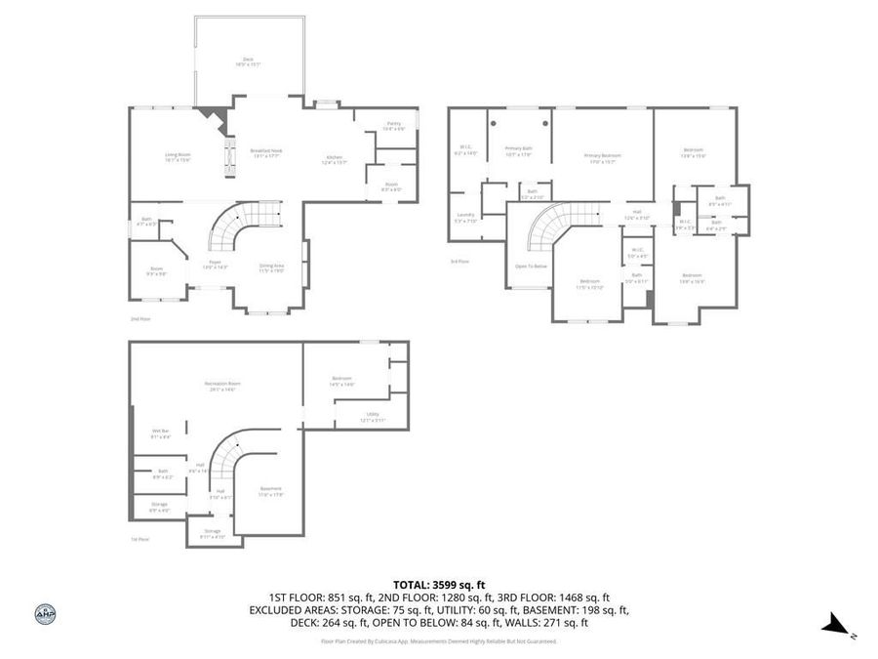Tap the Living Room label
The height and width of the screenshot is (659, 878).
pyautogui.click(x=177, y=157)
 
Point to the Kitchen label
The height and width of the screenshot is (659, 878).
pyautogui.click(x=335, y=160)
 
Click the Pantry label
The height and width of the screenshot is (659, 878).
pyautogui.click(x=394, y=125)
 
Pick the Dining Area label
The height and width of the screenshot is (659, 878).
pyautogui.click(x=271, y=268)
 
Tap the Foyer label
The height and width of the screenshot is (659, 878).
pyautogui.click(x=215, y=264)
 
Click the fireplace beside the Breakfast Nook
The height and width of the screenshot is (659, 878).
pyautogui.click(x=231, y=156)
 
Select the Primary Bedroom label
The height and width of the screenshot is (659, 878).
pyautogui.click(x=602, y=157)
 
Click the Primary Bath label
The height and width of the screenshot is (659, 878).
pyautogui.click(x=518, y=150)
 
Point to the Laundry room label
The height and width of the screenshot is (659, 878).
pyautogui.click(x=464, y=218)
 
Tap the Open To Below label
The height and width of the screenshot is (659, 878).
pyautogui.click(x=531, y=266)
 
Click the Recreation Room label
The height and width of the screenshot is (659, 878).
pyautogui.click(x=221, y=385)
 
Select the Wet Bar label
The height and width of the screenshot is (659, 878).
pyautogui.click(x=161, y=432)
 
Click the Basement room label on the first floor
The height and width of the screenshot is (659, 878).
pyautogui.click(x=270, y=490)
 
